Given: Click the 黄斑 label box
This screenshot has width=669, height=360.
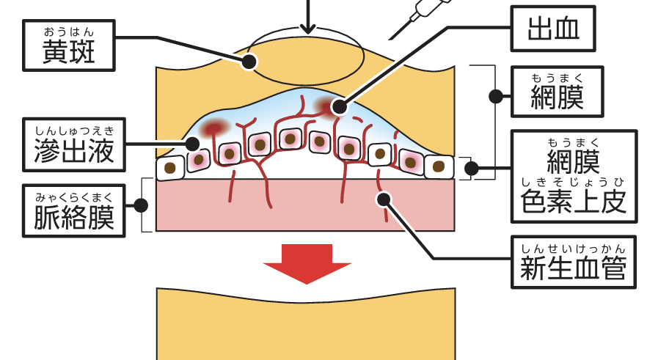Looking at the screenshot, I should tap(69, 45).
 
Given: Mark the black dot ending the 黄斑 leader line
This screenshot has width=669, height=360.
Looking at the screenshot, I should tap(249, 62).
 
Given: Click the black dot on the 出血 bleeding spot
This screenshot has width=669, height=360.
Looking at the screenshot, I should tap(338, 107).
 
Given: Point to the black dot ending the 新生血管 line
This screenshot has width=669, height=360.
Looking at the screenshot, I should tap(383, 198).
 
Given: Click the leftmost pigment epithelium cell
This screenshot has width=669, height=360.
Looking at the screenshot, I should tap(171, 168).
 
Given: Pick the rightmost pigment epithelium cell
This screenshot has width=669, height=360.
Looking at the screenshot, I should tap(439, 166).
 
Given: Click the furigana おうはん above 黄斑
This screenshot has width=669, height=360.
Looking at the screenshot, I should tap(69, 30).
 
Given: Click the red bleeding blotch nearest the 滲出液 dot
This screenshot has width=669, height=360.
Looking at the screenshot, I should tap(213, 128).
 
